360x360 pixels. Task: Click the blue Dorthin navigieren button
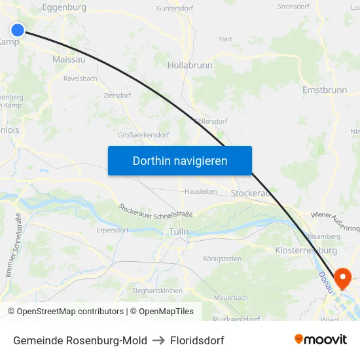180,160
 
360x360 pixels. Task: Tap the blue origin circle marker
18,29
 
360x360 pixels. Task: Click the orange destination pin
342,279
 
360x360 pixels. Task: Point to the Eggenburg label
64,7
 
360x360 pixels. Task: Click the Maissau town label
68,60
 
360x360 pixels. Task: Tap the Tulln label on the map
178,232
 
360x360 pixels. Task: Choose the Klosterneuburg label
306,251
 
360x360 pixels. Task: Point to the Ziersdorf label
117,95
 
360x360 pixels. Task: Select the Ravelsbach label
81,79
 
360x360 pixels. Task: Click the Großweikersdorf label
143,135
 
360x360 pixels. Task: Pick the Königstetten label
223,259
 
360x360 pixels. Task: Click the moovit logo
321,340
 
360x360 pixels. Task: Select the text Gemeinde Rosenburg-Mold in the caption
80,340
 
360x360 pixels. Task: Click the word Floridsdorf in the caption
197,340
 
